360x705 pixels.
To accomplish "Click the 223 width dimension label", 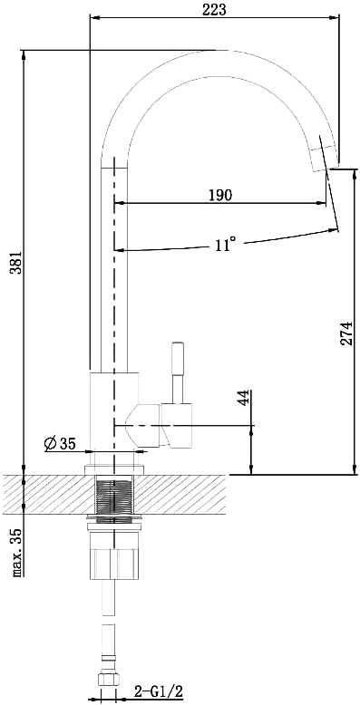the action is pos(214,9).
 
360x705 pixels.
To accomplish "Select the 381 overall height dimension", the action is pos(16,262).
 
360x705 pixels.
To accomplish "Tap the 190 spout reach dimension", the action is pos(220,195).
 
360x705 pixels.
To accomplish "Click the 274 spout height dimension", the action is pos(345,333).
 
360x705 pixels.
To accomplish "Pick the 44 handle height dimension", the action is pos(243,399).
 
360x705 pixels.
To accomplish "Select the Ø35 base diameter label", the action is pos(60,444).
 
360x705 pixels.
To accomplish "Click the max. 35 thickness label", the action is pos(16,552).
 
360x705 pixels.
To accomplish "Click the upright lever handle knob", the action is pos(178,358).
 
